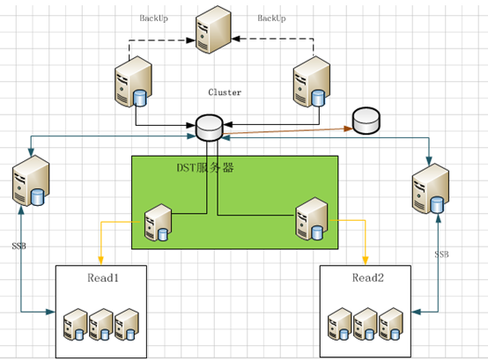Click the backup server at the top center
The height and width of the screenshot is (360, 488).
click(213, 30)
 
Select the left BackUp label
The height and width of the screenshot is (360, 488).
click(154, 18)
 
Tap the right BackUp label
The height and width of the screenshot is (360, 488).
click(271, 18)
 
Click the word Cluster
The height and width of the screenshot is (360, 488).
click(225, 92)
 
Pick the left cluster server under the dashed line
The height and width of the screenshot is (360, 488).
click(133, 82)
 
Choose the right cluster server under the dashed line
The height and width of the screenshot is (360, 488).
click(312, 82)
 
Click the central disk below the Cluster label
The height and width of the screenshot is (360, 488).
click(210, 128)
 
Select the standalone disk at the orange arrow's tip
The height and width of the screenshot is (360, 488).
click(366, 121)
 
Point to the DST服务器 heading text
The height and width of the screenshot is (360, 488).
click(205, 168)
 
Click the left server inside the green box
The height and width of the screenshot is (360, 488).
click(158, 223)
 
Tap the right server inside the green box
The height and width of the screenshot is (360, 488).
click(312, 219)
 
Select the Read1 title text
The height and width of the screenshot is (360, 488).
click(103, 277)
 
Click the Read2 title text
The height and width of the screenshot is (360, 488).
click(368, 277)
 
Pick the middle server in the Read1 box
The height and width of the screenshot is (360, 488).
click(100, 324)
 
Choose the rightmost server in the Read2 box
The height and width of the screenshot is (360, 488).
click(391, 324)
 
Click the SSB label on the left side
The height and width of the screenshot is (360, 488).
click(19, 246)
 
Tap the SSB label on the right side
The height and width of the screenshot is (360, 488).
click(441, 254)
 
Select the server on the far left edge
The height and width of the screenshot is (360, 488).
click(31, 180)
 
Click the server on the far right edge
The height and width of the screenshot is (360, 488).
click(431, 188)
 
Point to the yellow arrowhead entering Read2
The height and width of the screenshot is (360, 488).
click(366, 261)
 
